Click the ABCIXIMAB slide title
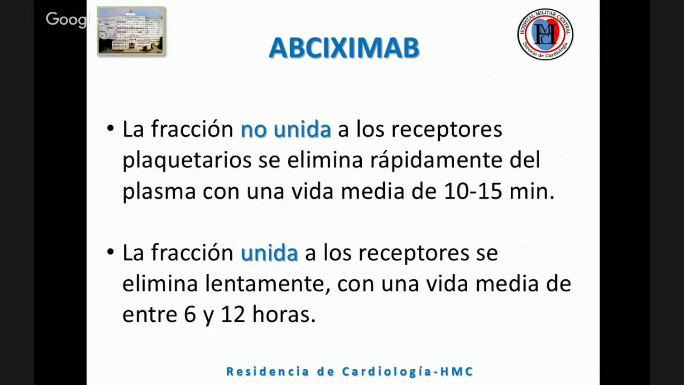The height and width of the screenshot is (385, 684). (x=344, y=48)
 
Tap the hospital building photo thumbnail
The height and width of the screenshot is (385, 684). (x=131, y=30)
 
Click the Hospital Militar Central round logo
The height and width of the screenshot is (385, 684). (x=545, y=34)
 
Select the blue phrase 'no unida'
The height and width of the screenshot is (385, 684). (x=286, y=130)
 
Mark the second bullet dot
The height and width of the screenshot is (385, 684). (x=111, y=252)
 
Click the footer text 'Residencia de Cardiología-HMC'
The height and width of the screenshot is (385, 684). (x=350, y=371)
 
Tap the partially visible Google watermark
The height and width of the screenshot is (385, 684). (x=67, y=20)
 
